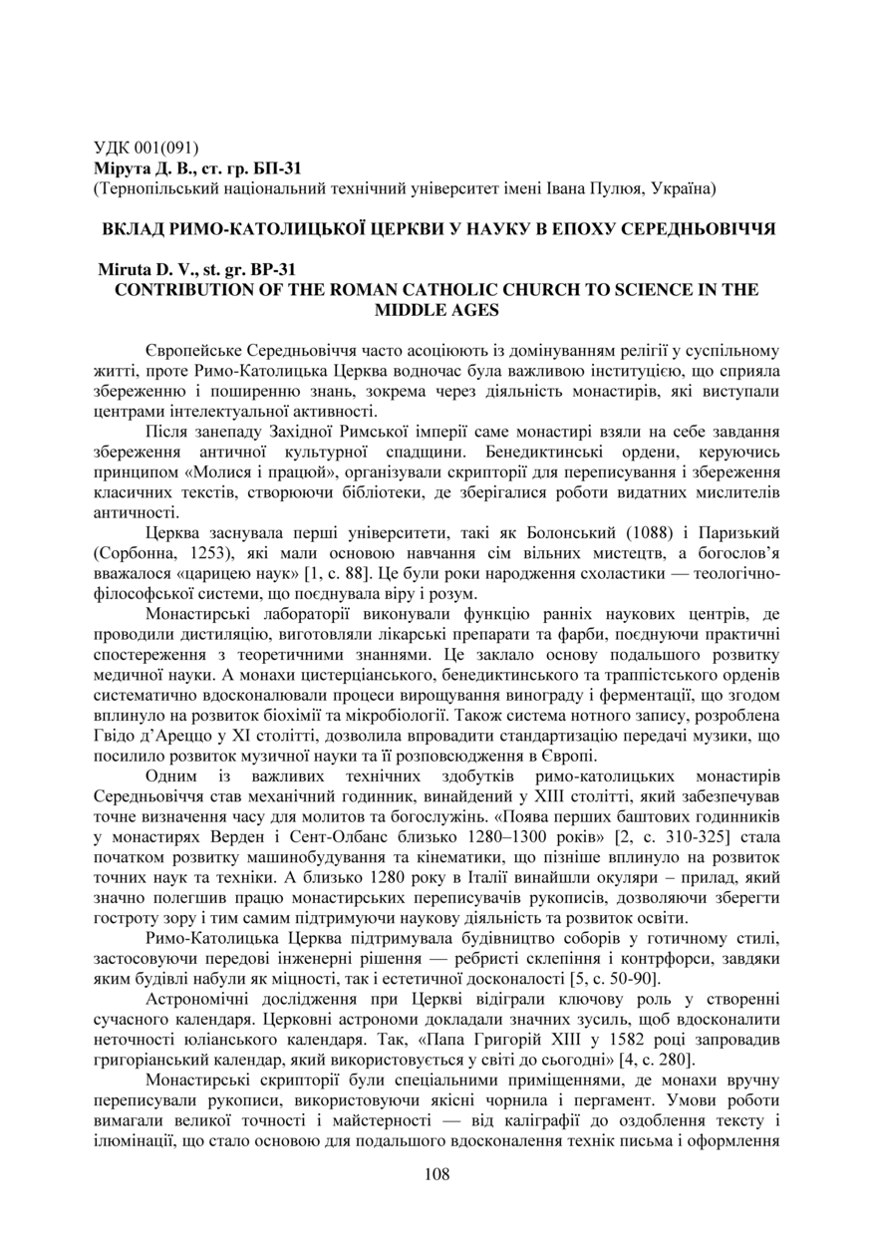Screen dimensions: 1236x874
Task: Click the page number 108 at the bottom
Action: [x=437, y=1174]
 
